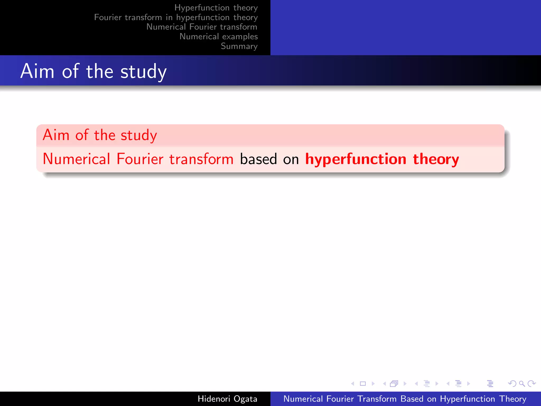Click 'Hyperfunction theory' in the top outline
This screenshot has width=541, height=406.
(216, 8)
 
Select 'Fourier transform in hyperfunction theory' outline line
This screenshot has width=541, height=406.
(176, 17)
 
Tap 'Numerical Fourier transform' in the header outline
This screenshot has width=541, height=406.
(202, 27)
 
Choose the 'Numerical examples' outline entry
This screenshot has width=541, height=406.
(218, 36)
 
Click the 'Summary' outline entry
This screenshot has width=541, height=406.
(239, 46)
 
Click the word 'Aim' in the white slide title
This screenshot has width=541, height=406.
(37, 71)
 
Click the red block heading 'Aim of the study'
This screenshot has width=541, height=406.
(100, 135)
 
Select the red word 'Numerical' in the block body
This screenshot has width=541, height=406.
(76, 159)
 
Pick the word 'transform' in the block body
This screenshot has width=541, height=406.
(201, 159)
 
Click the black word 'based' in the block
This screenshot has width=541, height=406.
(258, 159)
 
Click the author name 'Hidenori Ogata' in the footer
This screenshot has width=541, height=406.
(227, 399)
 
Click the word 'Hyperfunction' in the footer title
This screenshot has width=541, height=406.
(467, 399)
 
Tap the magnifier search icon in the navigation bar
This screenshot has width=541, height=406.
(522, 384)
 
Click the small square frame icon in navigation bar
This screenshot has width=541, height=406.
(363, 384)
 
